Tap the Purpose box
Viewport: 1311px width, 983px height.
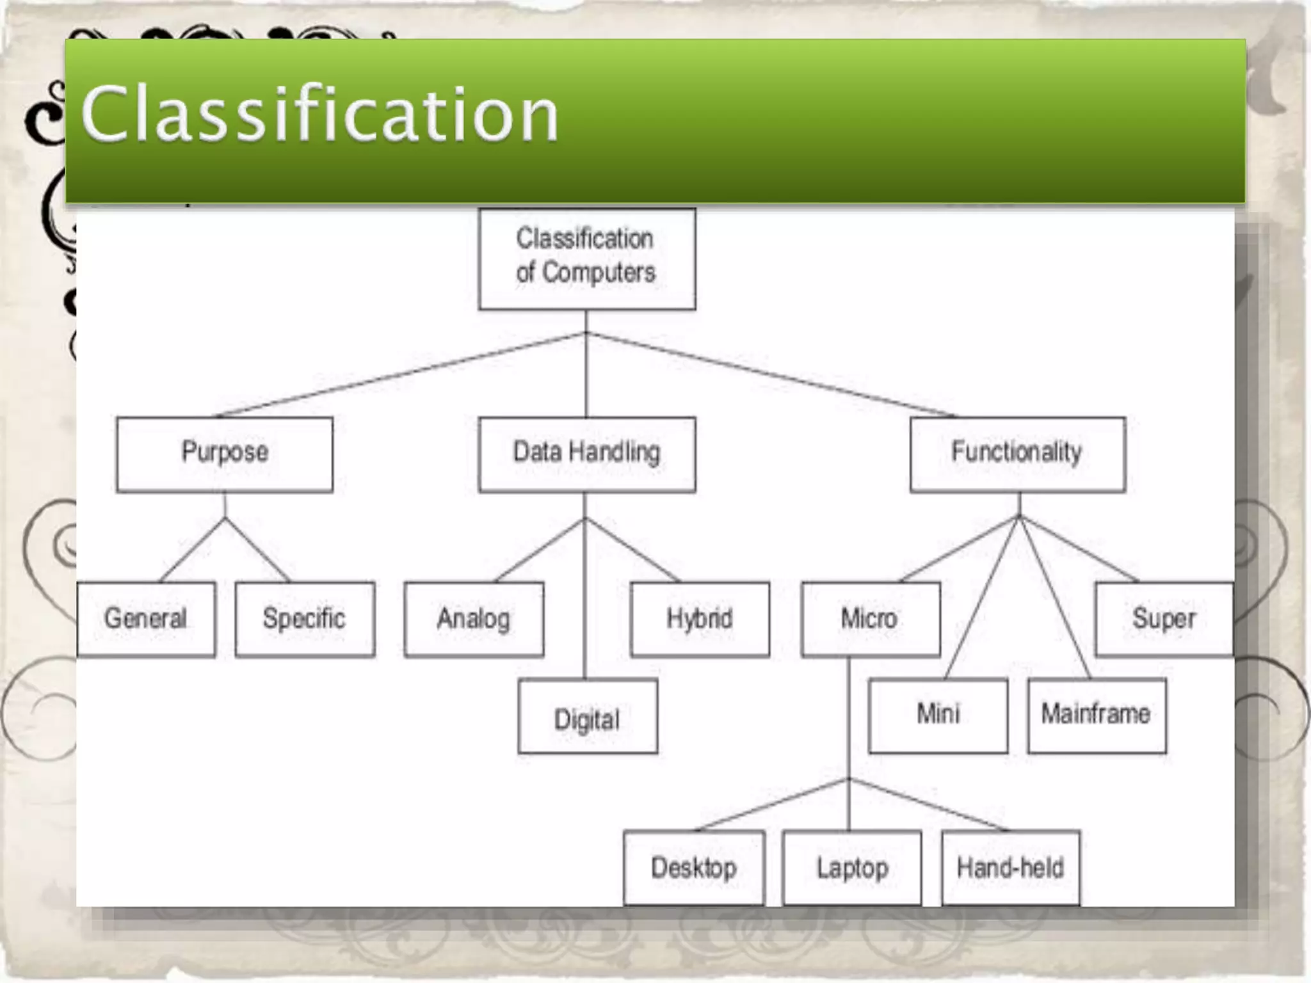click(x=225, y=454)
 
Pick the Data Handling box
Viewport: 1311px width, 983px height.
click(x=586, y=454)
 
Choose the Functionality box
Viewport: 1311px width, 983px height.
click(x=1017, y=454)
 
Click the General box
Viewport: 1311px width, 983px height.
click(x=146, y=619)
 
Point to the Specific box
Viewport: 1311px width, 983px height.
click(x=305, y=619)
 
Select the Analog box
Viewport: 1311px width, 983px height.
click(x=474, y=619)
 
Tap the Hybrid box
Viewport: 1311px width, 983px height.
click(x=700, y=619)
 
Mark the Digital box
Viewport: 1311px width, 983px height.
click(x=587, y=716)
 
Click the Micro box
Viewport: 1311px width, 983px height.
click(x=870, y=619)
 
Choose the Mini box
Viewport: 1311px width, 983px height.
click(x=938, y=715)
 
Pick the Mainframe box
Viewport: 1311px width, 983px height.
click(x=1097, y=715)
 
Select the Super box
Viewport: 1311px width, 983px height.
click(x=1164, y=619)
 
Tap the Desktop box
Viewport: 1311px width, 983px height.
click(x=694, y=867)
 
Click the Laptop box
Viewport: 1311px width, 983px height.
click(x=852, y=867)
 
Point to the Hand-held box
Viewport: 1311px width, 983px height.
click(x=1010, y=867)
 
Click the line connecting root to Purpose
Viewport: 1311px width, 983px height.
click(x=400, y=375)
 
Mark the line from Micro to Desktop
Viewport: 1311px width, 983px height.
click(x=771, y=804)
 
